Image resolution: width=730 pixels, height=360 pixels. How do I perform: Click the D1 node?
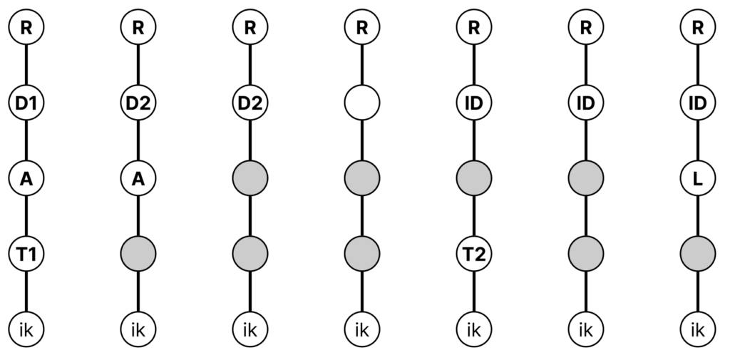point(26,103)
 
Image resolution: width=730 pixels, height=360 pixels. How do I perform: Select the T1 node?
point(26,254)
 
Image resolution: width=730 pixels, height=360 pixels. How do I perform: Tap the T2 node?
point(474,254)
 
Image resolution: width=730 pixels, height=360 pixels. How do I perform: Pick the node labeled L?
point(697,178)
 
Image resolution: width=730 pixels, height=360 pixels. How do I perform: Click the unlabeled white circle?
point(361,103)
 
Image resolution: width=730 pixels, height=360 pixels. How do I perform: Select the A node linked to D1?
point(26,178)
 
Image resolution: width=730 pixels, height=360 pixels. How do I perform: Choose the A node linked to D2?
point(138,178)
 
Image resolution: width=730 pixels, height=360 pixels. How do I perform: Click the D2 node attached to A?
point(138,103)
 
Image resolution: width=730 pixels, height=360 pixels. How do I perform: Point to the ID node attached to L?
point(697,103)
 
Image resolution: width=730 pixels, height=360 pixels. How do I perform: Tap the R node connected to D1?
point(26,27)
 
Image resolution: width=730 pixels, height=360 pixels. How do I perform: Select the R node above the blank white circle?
point(361,27)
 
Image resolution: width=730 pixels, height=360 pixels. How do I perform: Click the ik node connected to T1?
point(26,330)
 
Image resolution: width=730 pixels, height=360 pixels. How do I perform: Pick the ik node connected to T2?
point(474,330)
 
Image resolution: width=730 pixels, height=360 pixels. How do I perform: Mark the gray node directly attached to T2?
point(474,178)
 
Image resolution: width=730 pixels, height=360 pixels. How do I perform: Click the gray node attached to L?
point(697,254)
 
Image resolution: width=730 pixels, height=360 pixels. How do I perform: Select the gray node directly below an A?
point(138,254)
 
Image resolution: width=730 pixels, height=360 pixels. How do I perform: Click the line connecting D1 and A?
point(26,140)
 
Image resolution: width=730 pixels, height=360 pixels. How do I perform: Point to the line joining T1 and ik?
point(26,292)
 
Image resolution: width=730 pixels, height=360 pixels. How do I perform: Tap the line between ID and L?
point(697,140)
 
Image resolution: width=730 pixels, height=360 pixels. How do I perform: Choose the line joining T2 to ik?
point(474,292)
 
